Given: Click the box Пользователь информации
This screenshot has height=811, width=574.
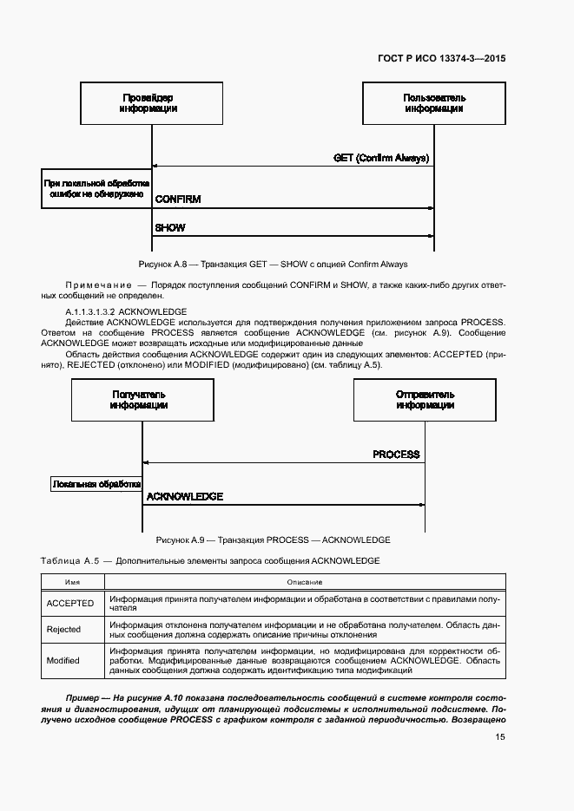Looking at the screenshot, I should [x=433, y=103].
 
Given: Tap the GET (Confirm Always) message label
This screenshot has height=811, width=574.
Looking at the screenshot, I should [x=383, y=158].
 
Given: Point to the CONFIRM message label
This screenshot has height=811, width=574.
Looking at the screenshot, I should [x=178, y=199].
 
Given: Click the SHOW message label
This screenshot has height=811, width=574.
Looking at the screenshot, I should [x=170, y=228].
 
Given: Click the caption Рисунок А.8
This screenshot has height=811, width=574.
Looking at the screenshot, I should [x=273, y=264].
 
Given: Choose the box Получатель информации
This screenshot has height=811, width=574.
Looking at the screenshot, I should [x=140, y=400].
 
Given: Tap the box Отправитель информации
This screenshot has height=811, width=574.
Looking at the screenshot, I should [x=425, y=400].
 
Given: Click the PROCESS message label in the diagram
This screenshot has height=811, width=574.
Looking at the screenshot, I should [x=396, y=455].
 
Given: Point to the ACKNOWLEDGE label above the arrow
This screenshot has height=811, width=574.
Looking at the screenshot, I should [x=185, y=497].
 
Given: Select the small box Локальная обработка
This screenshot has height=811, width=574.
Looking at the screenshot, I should [x=96, y=485].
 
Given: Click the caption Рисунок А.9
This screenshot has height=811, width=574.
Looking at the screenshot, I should [x=272, y=539].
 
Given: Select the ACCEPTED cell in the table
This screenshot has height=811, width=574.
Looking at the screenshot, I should [x=70, y=603].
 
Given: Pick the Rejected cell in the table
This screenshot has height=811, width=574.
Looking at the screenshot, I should [x=64, y=630].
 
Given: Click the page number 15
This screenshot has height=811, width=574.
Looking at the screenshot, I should [x=500, y=737].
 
